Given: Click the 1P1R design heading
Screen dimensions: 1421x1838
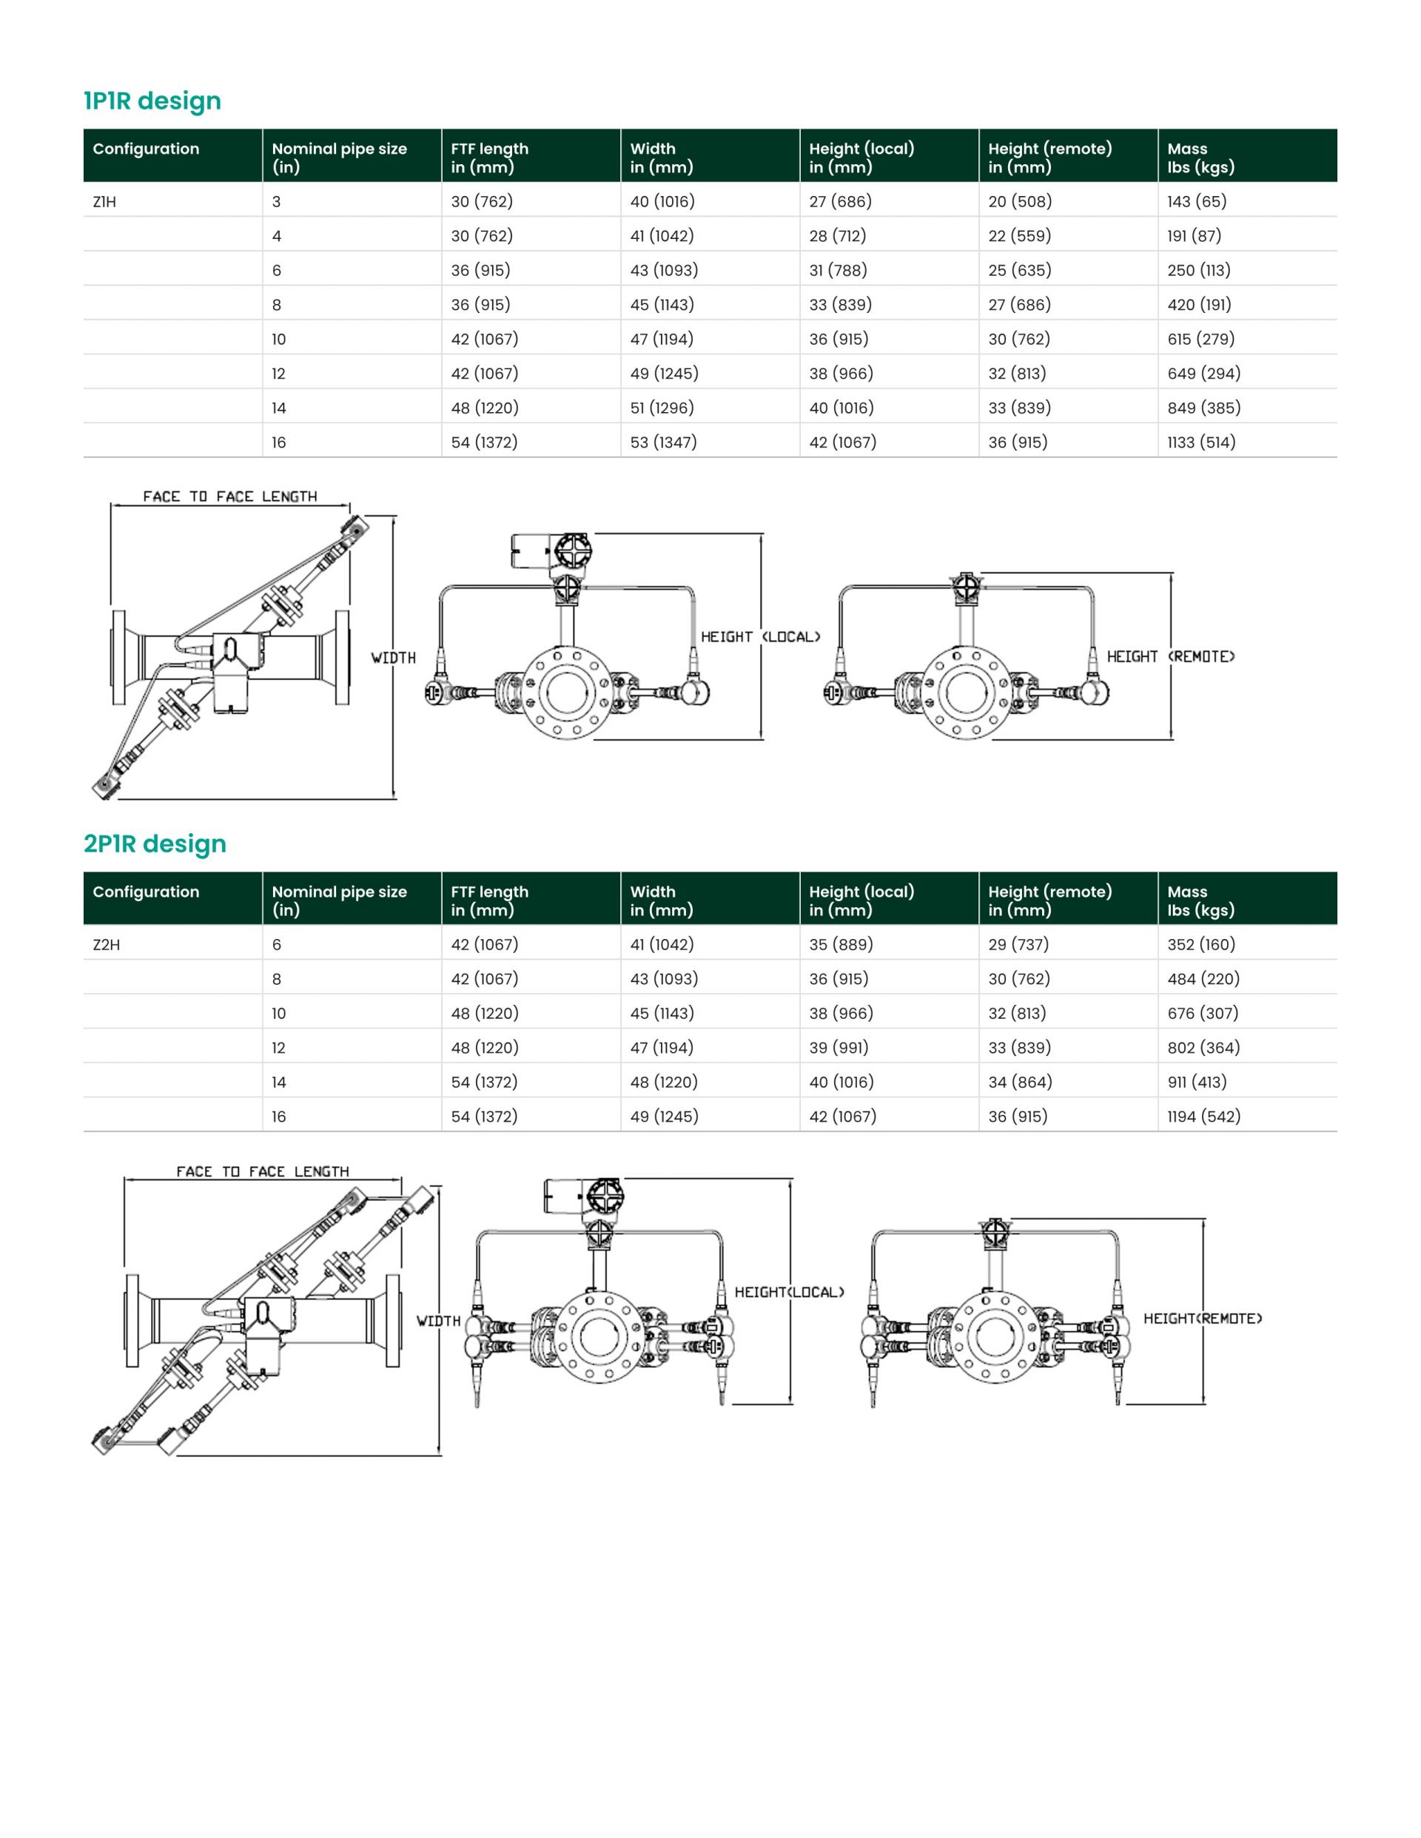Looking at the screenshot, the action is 152,101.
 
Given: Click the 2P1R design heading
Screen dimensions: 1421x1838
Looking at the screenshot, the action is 155,844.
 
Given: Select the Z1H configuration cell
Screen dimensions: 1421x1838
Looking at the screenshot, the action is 104,202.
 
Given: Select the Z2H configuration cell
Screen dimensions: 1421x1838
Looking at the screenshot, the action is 106,945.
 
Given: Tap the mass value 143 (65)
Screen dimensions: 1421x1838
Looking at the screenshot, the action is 1197,201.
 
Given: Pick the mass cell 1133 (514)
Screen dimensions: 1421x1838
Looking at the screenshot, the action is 1201,442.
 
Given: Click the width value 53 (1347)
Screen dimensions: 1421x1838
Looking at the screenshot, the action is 663,442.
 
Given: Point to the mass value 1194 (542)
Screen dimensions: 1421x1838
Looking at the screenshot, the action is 1204,1116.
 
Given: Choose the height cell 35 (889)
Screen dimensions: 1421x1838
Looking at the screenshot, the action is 841,944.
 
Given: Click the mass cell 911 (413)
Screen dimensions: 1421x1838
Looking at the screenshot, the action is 1197,1082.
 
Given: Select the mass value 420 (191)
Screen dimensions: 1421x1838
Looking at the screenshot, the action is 1200,305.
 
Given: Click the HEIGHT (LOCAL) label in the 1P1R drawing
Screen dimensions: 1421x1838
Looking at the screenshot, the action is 760,637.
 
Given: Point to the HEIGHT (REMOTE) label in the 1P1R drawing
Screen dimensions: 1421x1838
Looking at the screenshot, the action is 1170,656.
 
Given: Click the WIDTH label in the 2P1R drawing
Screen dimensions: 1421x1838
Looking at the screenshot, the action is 439,1322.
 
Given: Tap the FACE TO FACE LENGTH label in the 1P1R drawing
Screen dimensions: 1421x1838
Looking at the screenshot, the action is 230,496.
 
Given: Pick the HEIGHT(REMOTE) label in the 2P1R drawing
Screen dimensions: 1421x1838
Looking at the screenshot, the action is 1203,1319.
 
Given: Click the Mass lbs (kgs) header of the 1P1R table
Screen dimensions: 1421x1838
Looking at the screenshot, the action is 1200,158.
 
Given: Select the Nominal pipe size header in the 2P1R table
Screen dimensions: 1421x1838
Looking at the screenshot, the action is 339,901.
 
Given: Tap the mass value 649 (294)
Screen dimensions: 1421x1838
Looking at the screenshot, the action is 1204,373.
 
